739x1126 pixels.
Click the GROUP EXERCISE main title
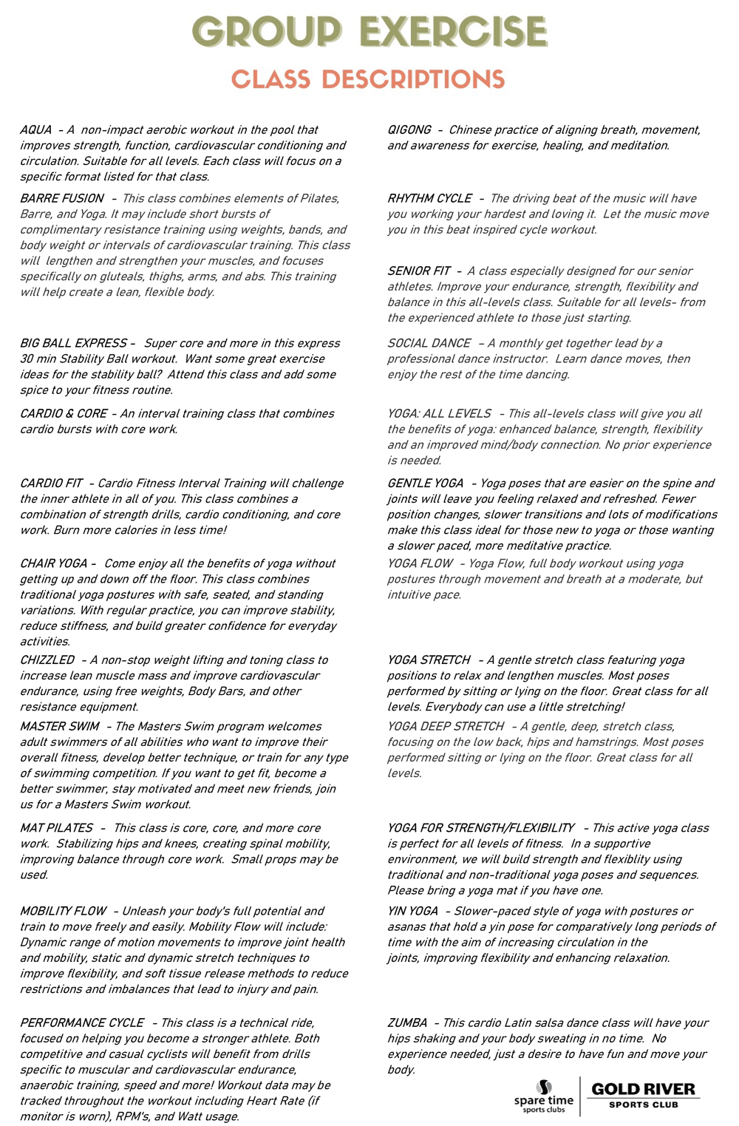pyautogui.click(x=369, y=33)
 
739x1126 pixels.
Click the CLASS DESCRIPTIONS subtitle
pyautogui.click(x=368, y=80)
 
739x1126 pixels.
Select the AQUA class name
pyautogui.click(x=35, y=130)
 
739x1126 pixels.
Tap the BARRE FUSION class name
pyautogui.click(x=61, y=198)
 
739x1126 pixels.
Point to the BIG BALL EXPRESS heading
pyautogui.click(x=73, y=343)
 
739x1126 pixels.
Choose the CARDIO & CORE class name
pyautogui.click(x=63, y=413)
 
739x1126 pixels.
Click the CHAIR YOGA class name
pyautogui.click(x=53, y=563)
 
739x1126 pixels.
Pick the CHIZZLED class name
pyautogui.click(x=47, y=659)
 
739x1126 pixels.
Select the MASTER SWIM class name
pyautogui.click(x=59, y=726)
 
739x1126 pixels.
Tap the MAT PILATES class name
pyautogui.click(x=56, y=828)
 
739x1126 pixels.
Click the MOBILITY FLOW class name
pyautogui.click(x=63, y=911)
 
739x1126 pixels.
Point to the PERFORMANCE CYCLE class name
pyautogui.click(x=81, y=1022)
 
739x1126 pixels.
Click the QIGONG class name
pyautogui.click(x=409, y=130)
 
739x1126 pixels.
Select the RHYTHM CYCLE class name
pyautogui.click(x=429, y=198)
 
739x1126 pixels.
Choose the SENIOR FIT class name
pyautogui.click(x=418, y=271)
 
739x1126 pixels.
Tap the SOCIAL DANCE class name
pyautogui.click(x=429, y=343)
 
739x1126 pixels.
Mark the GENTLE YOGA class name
pyautogui.click(x=425, y=483)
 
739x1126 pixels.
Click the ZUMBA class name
pyautogui.click(x=407, y=1022)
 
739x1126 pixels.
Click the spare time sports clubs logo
pyautogui.click(x=544, y=1096)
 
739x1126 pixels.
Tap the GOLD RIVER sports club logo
pyautogui.click(x=643, y=1094)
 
